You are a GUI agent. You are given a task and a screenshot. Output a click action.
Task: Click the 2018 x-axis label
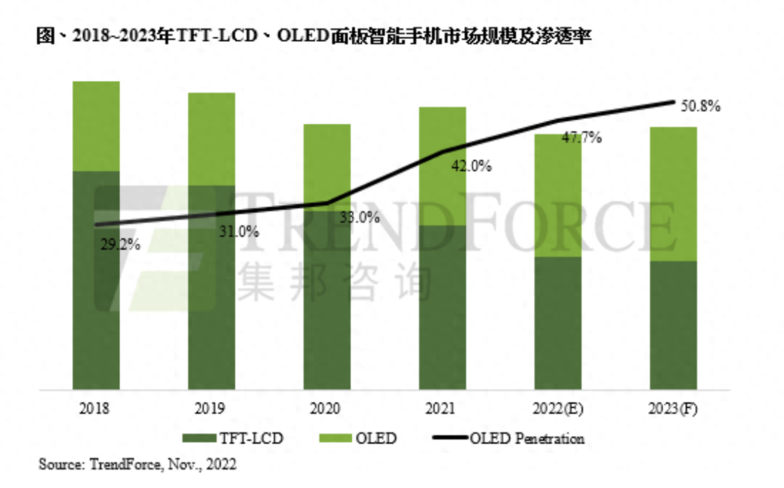96,409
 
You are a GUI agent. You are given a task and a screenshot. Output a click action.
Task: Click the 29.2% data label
119,245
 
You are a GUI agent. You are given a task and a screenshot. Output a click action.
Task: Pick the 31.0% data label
238,232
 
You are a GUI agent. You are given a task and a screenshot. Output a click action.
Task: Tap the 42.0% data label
471,166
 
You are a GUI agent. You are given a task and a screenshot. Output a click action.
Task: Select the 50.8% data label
701,107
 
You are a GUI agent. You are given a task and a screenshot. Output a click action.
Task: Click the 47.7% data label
581,138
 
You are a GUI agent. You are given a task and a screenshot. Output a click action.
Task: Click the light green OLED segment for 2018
96,126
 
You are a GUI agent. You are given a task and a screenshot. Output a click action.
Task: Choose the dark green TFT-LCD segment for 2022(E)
558,322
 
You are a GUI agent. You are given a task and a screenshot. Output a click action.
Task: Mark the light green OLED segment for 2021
442,166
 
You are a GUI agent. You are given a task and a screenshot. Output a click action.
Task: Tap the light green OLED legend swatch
330,438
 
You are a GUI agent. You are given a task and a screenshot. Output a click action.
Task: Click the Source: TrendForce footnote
137,463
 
